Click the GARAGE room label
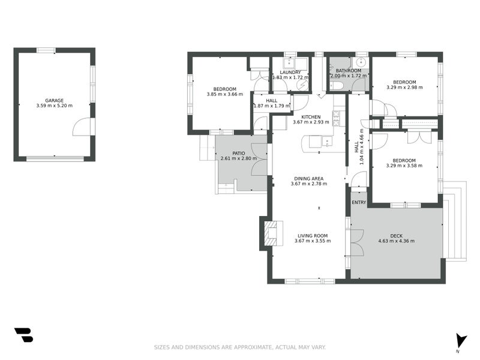[54, 101]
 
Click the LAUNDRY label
[290, 73]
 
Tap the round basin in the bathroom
[361, 62]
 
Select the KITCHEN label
[311, 117]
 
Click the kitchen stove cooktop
[337, 118]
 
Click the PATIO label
[238, 154]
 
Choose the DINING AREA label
[308, 178]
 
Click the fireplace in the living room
[271, 233]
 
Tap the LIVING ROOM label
[312, 236]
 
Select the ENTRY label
[359, 203]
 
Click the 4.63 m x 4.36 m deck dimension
[396, 241]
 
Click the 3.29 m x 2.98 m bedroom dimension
[404, 88]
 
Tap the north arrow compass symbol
[460, 340]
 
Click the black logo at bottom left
[23, 335]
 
